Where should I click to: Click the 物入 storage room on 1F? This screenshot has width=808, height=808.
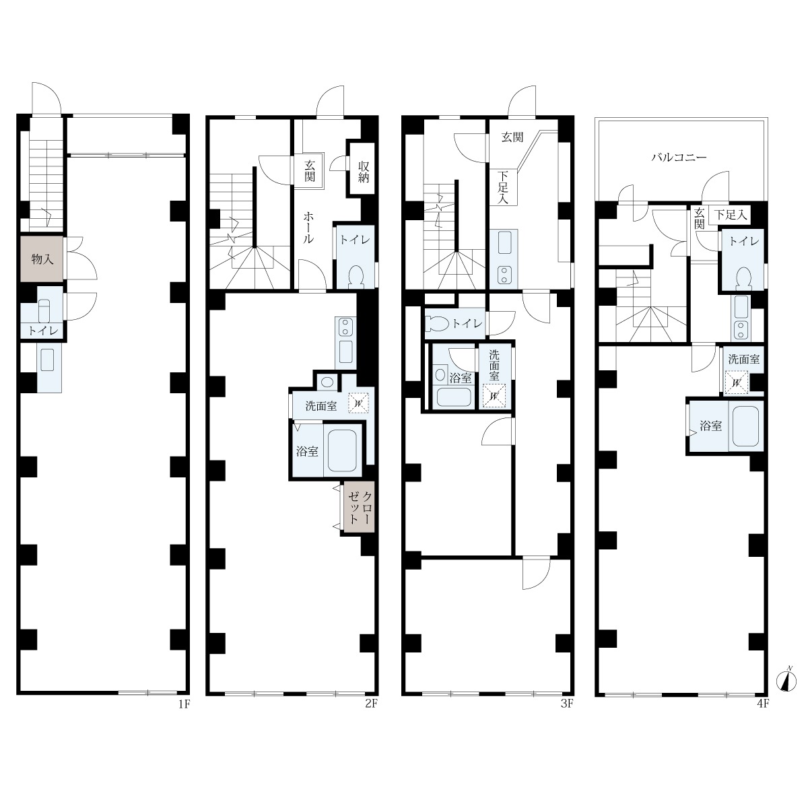click(x=42, y=259)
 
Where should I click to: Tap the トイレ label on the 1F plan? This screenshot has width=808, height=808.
click(x=43, y=331)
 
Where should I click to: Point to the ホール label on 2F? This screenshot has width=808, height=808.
click(x=308, y=228)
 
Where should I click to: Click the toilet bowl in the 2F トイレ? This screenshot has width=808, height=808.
click(x=357, y=276)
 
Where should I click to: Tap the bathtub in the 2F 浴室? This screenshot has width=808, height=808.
click(x=342, y=450)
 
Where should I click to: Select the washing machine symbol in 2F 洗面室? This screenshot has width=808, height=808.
click(x=358, y=403)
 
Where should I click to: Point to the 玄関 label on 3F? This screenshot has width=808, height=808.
click(x=512, y=137)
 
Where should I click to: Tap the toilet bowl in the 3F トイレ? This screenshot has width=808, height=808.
click(x=437, y=324)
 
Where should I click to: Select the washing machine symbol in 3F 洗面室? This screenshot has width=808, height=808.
click(x=494, y=395)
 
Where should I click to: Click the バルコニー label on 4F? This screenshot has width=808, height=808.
click(x=679, y=158)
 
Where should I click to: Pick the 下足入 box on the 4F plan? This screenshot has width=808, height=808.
click(x=730, y=215)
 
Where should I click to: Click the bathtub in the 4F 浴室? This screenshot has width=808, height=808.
click(x=745, y=426)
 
